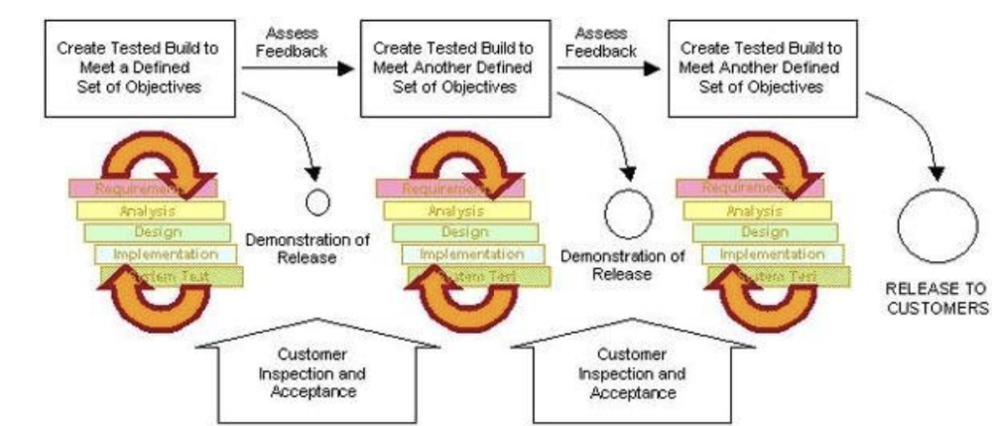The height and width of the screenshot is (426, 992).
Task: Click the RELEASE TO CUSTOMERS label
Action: [x=937, y=297]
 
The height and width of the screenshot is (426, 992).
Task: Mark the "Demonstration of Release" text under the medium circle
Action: [x=622, y=264]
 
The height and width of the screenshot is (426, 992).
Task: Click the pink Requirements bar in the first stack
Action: [x=142, y=188]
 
